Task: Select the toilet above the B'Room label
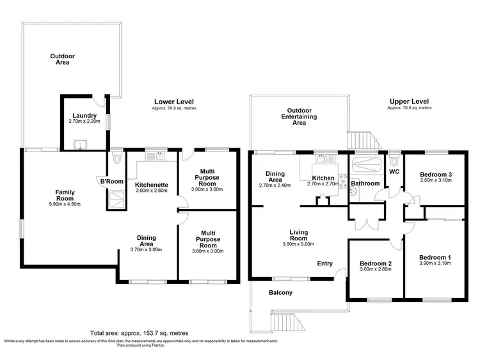[x=116, y=155]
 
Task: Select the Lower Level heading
[x=173, y=102]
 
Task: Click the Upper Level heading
[x=409, y=101]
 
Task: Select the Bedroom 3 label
[x=435, y=175]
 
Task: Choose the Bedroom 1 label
[x=435, y=257]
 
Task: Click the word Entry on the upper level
[x=325, y=263]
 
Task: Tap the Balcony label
[x=280, y=293]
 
